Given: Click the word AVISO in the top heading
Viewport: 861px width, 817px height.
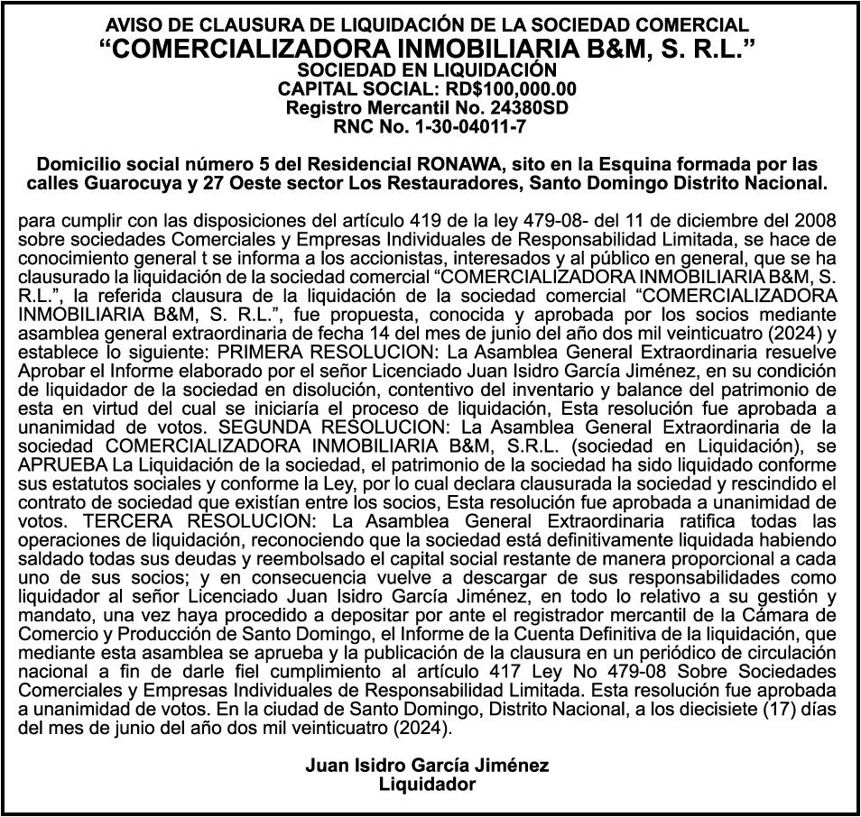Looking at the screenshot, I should point(135,25).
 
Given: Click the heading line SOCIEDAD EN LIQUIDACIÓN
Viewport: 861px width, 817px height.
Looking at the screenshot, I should point(430,69).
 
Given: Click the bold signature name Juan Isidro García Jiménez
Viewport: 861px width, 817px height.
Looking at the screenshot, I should point(427,766).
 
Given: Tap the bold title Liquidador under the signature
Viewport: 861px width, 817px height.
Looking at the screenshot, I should point(427,785).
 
